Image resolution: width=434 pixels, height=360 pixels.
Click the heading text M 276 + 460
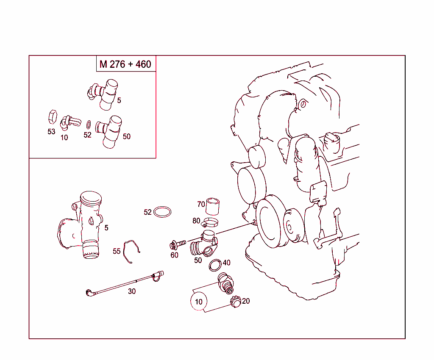pyautogui.click(x=125, y=64)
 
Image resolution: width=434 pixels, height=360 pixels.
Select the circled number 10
pyautogui.click(x=199, y=302)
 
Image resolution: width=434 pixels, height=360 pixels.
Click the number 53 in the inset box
pyautogui.click(x=51, y=132)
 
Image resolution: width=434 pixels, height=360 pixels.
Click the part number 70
pyautogui.click(x=201, y=204)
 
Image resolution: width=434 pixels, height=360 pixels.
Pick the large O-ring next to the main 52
pyautogui.click(x=162, y=212)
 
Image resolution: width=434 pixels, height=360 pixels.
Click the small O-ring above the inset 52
pyautogui.click(x=88, y=125)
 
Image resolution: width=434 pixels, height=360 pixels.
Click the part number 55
pyautogui.click(x=117, y=251)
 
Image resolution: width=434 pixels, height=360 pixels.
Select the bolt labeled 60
pyautogui.click(x=178, y=244)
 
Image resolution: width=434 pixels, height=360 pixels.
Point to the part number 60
pyautogui.click(x=174, y=255)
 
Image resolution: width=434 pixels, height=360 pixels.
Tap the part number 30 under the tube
pyautogui.click(x=132, y=291)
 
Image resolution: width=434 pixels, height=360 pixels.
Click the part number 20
pyautogui.click(x=246, y=301)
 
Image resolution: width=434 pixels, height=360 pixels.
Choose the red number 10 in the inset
pyautogui.click(x=64, y=138)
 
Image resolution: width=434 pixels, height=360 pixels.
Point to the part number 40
pyautogui.click(x=226, y=263)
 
